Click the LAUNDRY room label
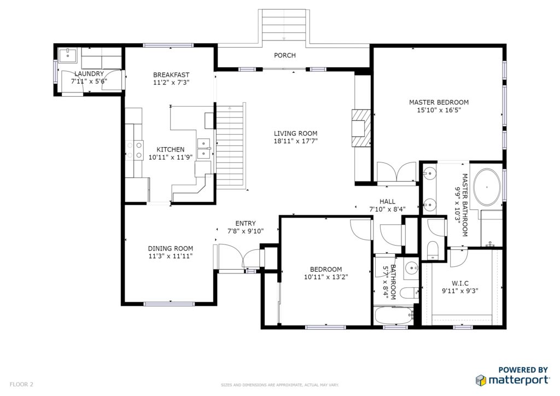click(89, 73)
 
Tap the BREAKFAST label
click(171, 75)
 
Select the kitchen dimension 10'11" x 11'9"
click(171, 157)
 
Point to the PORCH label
click(284, 55)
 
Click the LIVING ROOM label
click(295, 133)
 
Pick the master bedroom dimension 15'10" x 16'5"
click(439, 110)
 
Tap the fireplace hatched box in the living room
click(361, 128)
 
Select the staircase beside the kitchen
click(231, 146)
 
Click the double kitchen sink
click(204, 148)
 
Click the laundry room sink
click(67, 56)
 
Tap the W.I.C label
click(460, 283)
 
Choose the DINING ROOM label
click(171, 248)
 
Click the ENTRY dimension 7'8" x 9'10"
click(246, 231)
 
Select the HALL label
click(388, 202)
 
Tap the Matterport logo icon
click(481, 380)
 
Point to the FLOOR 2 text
click(21, 385)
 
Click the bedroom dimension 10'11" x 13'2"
click(326, 277)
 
